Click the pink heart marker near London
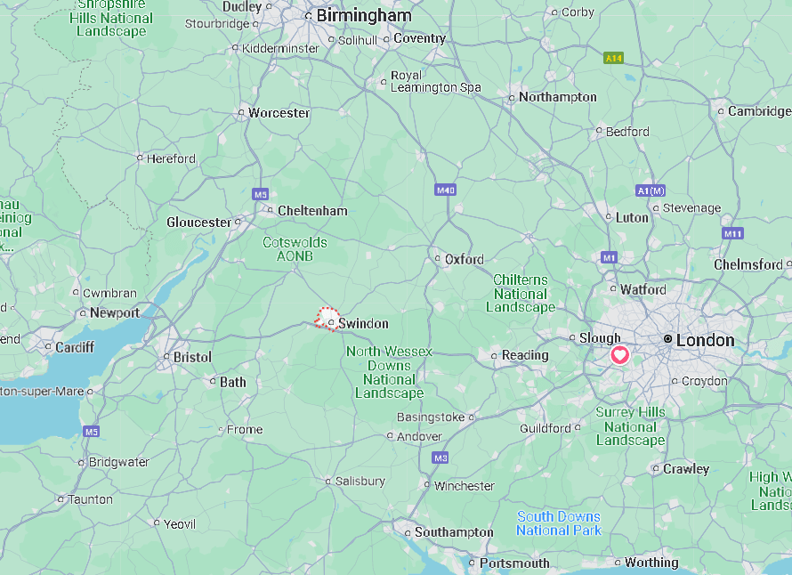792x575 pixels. [x=619, y=355]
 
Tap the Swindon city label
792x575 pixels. [x=363, y=324]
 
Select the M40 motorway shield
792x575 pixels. [x=446, y=190]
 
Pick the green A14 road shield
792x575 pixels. [x=612, y=58]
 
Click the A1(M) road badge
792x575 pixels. [x=651, y=190]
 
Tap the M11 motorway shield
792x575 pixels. [x=732, y=233]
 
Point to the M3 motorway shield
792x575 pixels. [x=440, y=458]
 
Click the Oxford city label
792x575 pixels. [x=465, y=260]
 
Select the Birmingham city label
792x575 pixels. [x=364, y=15]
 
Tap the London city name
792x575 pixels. [x=706, y=340]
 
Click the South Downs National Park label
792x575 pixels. [x=559, y=523]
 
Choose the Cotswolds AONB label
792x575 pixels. [x=295, y=248]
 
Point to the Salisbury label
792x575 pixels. [x=360, y=481]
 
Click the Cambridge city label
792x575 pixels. [x=758, y=111]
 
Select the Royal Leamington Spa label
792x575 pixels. [x=436, y=82]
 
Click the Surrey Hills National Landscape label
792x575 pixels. [x=630, y=426]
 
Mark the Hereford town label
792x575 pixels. [x=171, y=158]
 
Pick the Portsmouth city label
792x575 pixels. [x=514, y=563]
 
